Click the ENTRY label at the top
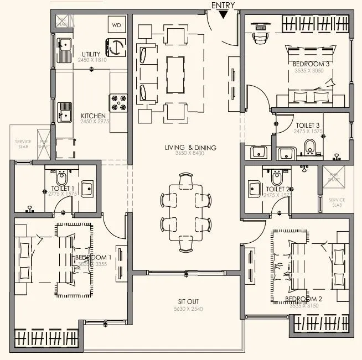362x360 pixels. pyautogui.click(x=223, y=5)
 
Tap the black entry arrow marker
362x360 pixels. pyautogui.click(x=223, y=15)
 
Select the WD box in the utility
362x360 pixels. pyautogui.click(x=117, y=25)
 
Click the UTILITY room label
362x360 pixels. pyautogui.click(x=91, y=54)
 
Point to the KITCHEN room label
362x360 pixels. pyautogui.click(x=93, y=116)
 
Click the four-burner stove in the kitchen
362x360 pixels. pyautogui.click(x=118, y=102)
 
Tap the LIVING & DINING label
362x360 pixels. pyautogui.click(x=190, y=148)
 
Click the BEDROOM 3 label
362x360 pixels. pyautogui.click(x=312, y=64)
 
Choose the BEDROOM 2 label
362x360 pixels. pyautogui.click(x=303, y=299)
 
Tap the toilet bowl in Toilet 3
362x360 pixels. pyautogui.click(x=310, y=147)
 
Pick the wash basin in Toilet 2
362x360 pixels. pyautogui.click(x=255, y=188)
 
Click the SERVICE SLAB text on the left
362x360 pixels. pyautogui.click(x=23, y=144)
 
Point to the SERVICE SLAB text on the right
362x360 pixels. pyautogui.click(x=337, y=202)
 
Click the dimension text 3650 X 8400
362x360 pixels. pyautogui.click(x=190, y=155)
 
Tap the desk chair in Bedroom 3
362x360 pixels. pyautogui.click(x=260, y=37)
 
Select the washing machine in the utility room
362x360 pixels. pyautogui.click(x=117, y=48)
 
